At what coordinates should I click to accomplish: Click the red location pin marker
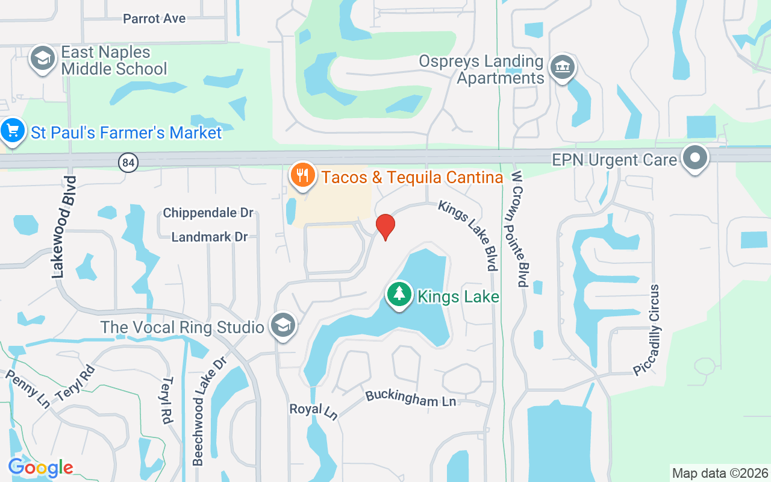pos(385,227)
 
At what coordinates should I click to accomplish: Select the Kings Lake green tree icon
pos(399,295)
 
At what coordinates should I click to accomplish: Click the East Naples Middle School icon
pos(43,59)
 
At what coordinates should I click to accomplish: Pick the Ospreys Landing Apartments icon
pos(563,67)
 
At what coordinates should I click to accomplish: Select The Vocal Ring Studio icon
pos(282,326)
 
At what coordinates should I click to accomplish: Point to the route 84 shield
pos(128,162)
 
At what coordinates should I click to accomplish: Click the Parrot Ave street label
pos(154,19)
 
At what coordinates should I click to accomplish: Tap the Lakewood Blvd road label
pos(64,227)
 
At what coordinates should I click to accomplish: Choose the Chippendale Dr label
pos(208,213)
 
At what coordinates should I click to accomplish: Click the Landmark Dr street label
pos(210,237)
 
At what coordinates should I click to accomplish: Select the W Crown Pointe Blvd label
pos(519,228)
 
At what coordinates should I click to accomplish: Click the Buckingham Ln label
pos(410,398)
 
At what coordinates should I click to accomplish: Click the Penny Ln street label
pos(28,389)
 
